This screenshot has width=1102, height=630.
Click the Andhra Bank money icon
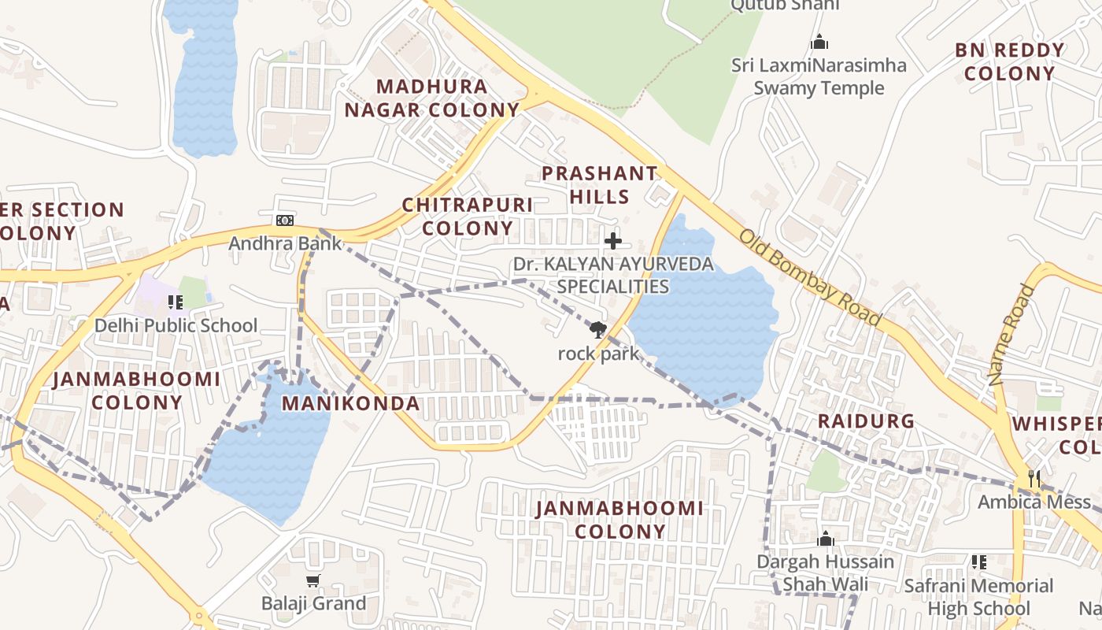point(285,220)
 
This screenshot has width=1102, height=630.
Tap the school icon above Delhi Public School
point(175,302)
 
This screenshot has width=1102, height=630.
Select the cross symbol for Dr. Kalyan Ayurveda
point(612,241)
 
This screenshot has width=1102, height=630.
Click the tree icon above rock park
point(598,330)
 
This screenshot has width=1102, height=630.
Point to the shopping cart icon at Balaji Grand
point(313,581)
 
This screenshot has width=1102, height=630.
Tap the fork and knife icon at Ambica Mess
point(1034,478)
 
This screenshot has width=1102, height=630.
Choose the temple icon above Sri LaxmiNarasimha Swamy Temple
point(819,41)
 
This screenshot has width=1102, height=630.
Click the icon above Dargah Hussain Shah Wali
point(825,539)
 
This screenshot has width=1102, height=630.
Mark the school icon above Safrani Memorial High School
point(978,562)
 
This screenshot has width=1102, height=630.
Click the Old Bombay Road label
point(810,276)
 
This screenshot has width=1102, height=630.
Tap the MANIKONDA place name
point(350,404)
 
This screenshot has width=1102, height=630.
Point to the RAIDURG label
point(866,421)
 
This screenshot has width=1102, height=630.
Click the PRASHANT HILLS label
point(599,185)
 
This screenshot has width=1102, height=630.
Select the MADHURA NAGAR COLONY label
point(432,98)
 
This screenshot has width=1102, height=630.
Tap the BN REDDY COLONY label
point(1009,62)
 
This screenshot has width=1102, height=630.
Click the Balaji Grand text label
point(313,604)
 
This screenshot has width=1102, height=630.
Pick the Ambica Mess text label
point(1034,502)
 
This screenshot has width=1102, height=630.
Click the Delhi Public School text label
point(176,325)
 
